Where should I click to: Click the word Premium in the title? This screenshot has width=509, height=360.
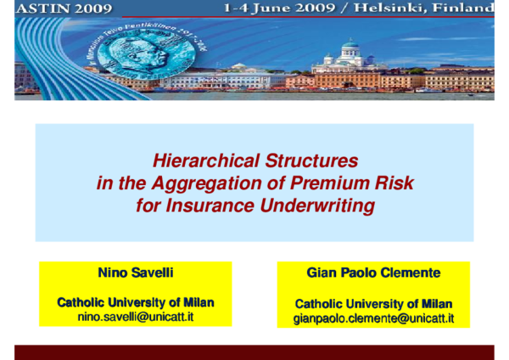(x=332, y=183)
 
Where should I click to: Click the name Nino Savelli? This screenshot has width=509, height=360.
(x=136, y=273)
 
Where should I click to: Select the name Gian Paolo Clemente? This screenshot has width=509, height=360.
(x=373, y=273)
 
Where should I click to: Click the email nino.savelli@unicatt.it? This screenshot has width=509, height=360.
(x=136, y=316)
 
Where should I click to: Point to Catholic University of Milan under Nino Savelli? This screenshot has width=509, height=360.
(x=136, y=302)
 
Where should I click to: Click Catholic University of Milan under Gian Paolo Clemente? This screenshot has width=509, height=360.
(x=373, y=304)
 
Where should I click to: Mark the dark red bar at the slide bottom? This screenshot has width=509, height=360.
(x=255, y=352)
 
